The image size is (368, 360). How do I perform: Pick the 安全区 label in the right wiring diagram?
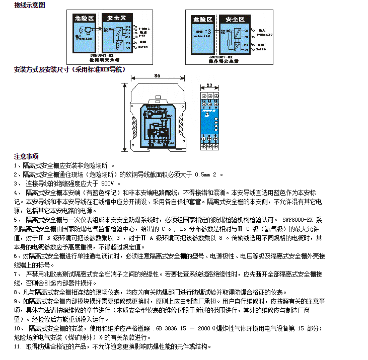[235, 19]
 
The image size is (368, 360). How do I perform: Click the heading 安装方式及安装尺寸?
[69, 69]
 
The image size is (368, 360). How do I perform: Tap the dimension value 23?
[209, 86]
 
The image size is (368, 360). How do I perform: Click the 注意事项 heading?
[26, 156]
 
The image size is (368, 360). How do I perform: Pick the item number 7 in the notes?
[16, 274]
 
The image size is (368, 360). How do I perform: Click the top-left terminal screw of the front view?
[203, 95]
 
